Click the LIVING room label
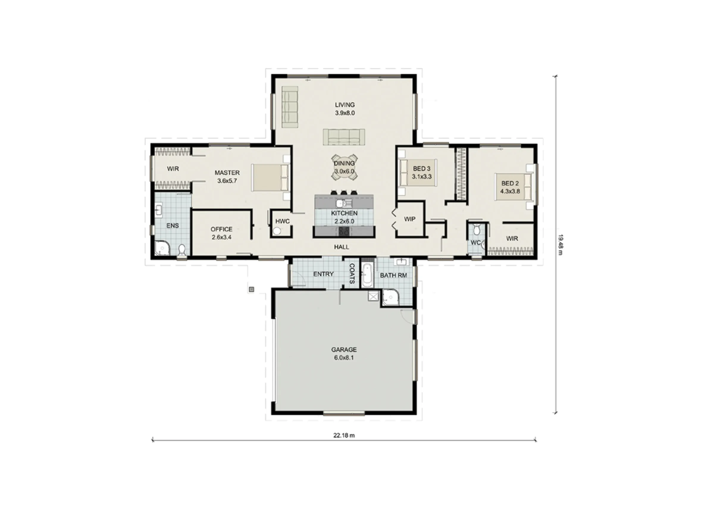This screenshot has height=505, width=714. click(x=345, y=105)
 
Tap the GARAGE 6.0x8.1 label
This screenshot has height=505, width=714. click(x=344, y=354)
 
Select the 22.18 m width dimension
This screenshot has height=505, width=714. click(x=344, y=435)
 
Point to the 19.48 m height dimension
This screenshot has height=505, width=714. click(x=560, y=245)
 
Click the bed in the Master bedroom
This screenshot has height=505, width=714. click(x=270, y=177)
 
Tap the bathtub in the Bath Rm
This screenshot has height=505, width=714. click(x=367, y=275)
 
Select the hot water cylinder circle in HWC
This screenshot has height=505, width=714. click(x=276, y=231)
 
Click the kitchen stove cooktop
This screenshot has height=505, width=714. click(x=344, y=231)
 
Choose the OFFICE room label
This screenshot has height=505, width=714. click(x=221, y=229)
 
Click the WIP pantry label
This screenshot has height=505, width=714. click(x=410, y=219)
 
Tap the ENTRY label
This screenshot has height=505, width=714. click(x=323, y=274)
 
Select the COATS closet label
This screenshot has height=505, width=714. click(x=352, y=273)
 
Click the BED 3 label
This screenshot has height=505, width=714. click(x=422, y=169)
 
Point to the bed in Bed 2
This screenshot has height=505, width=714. click(x=513, y=187)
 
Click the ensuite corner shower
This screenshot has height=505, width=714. click(x=162, y=248)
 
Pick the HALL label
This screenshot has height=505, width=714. click(x=342, y=247)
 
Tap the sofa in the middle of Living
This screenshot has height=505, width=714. click(x=344, y=137)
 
